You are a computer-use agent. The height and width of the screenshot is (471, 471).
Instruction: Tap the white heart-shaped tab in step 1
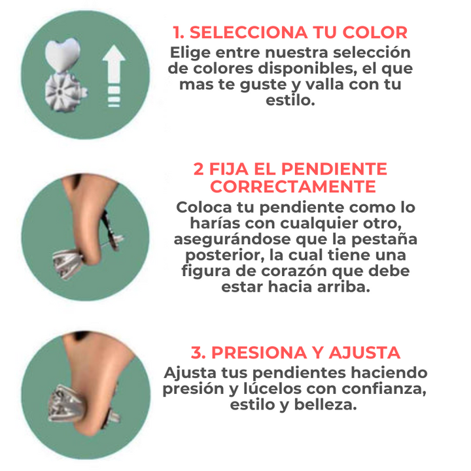(x=63, y=54)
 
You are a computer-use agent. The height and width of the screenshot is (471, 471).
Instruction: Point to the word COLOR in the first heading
(x=375, y=33)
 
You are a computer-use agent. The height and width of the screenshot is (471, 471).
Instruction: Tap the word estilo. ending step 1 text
(x=290, y=100)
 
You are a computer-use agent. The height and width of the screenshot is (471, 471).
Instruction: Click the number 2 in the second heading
(x=199, y=169)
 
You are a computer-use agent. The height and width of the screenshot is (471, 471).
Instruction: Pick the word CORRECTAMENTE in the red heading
(x=293, y=187)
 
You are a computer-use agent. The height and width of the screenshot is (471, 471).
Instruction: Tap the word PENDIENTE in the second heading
(x=334, y=169)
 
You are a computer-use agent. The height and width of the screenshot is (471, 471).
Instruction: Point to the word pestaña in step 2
(x=384, y=239)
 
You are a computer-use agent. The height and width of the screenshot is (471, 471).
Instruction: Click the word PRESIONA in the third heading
(x=258, y=353)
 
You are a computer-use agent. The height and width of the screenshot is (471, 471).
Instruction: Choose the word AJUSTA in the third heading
(x=364, y=353)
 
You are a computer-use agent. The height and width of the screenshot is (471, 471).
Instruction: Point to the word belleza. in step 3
(x=326, y=405)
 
